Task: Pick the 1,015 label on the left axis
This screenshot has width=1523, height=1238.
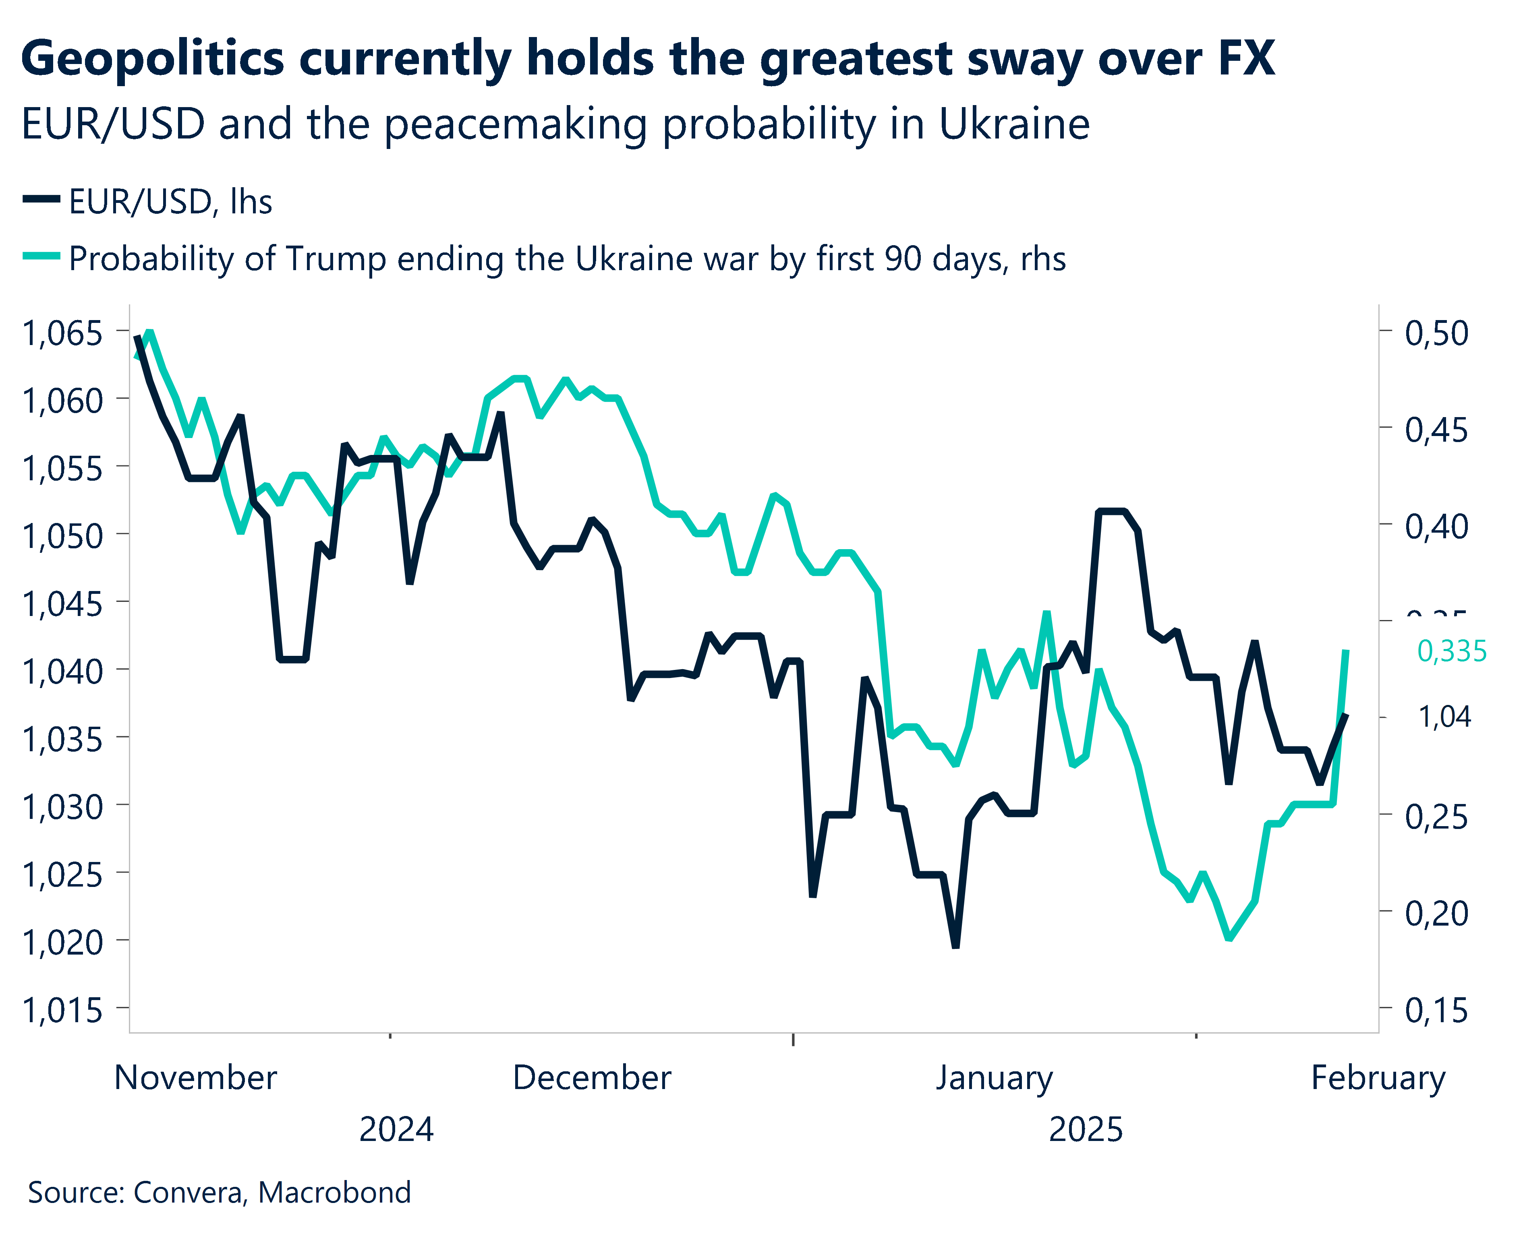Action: point(63,1011)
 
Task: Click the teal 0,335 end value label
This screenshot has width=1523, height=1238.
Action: point(1451,651)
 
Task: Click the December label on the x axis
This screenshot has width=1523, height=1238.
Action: point(591,1077)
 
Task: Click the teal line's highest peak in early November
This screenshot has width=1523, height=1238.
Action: point(149,332)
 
